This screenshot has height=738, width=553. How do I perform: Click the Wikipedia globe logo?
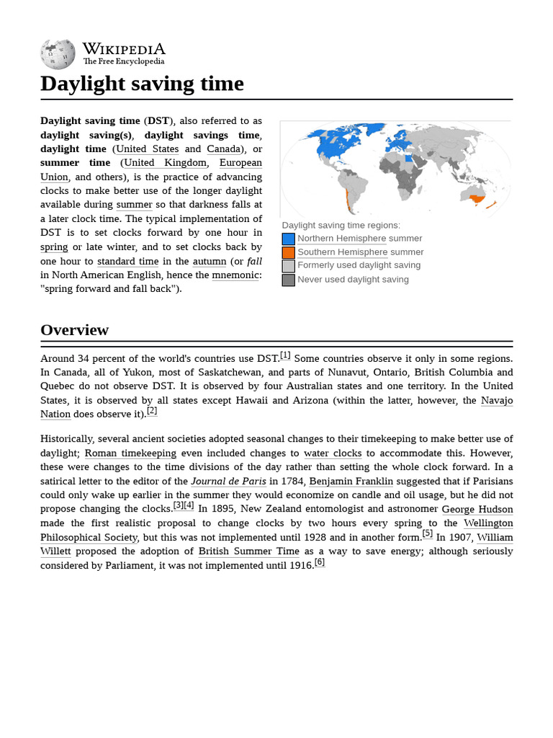[58, 54]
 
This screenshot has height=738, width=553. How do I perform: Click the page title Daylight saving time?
[142, 84]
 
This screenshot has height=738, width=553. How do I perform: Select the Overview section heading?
[74, 330]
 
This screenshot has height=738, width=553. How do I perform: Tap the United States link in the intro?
[147, 149]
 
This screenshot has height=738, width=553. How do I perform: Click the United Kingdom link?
[165, 163]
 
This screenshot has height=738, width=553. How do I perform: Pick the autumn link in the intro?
[209, 262]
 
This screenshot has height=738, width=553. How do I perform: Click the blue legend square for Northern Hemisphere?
[288, 239]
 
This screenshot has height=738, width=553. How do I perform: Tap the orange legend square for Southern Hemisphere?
[288, 252]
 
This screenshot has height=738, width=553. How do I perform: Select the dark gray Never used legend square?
[288, 280]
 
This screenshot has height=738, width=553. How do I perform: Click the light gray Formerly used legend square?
[288, 266]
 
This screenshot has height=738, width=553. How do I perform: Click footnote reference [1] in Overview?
[285, 355]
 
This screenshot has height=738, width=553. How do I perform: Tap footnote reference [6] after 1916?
[320, 562]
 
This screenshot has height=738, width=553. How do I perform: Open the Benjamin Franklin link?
[351, 481]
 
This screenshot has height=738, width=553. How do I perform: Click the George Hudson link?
[477, 510]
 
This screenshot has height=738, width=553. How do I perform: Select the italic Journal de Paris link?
[228, 481]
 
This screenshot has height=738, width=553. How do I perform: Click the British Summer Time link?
[248, 551]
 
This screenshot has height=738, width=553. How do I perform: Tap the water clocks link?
[333, 453]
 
